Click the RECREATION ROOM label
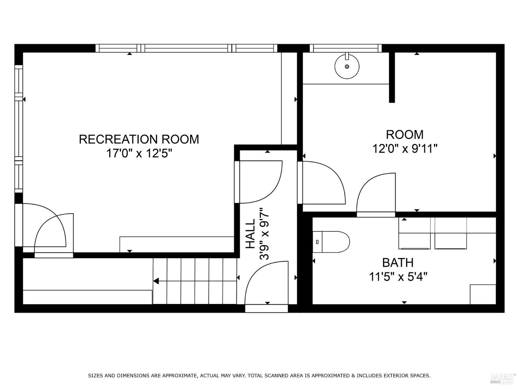(139, 139)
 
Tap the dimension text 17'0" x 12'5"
(139, 153)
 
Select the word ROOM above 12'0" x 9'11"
(404, 134)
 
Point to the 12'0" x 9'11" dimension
(404, 149)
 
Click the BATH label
(398, 262)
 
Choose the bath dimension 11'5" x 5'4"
(398, 277)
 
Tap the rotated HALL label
(250, 234)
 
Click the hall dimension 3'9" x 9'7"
(264, 234)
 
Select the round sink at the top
(347, 66)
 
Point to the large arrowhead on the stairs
(156, 281)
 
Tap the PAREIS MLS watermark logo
(503, 378)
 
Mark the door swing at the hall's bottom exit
(266, 284)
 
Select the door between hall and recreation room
(259, 182)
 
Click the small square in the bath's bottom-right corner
(483, 294)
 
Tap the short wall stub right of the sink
(392, 77)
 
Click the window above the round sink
(345, 48)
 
